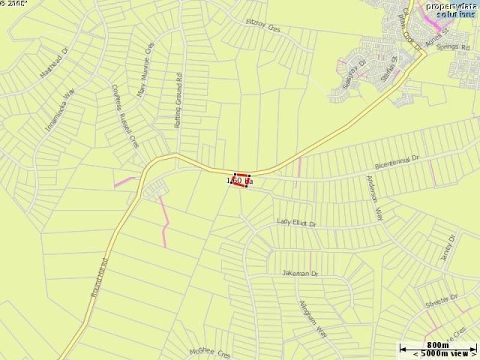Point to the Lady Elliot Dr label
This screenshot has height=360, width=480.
(x=296, y=223)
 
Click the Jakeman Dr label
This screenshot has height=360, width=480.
(x=301, y=274)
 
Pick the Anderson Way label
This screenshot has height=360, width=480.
(x=374, y=198)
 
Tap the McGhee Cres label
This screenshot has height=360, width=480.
(x=210, y=353)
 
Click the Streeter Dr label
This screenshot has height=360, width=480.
(x=441, y=301)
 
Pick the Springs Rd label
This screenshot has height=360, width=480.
(x=453, y=47)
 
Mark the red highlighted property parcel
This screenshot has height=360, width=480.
(x=240, y=180)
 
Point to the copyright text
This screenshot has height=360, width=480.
(x=14, y=4)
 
